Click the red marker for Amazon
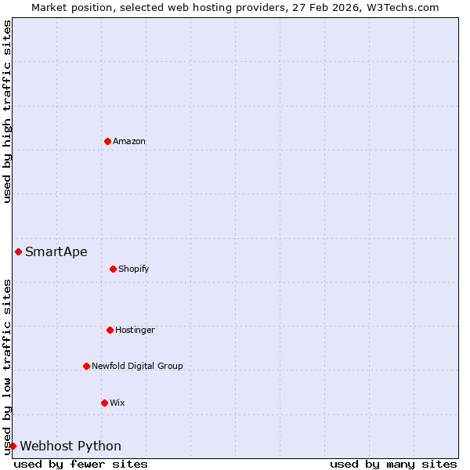[107, 141]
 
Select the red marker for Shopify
[113, 269]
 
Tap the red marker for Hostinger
[110, 330]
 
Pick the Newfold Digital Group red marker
[86, 366]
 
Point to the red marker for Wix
[104, 403]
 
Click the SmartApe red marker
[18, 251]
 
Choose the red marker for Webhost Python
[13, 446]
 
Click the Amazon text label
[129, 141]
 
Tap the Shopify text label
[134, 269]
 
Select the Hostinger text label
[135, 330]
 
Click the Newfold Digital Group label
[137, 366]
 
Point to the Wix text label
[117, 403]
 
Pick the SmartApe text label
[56, 251]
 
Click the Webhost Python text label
[70, 446]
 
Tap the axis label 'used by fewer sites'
[81, 464]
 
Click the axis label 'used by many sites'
[393, 464]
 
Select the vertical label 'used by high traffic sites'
[7, 111]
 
